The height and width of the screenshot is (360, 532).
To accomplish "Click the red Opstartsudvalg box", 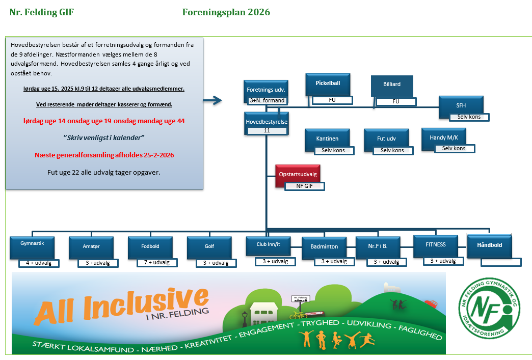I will [298, 174].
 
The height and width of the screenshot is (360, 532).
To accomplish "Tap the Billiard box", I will [391, 85].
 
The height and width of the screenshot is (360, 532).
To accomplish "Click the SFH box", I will [461, 105].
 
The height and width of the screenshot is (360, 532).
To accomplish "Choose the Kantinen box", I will [327, 139].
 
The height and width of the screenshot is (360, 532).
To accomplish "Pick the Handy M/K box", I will [443, 137].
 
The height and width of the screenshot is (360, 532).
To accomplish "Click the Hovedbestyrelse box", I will [267, 122].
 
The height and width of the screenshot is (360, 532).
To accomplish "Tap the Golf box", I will [209, 247].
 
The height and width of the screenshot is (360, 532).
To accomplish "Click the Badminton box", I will [324, 247].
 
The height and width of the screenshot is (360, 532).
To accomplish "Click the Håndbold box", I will [489, 245].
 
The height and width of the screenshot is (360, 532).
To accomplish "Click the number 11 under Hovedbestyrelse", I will [267, 131].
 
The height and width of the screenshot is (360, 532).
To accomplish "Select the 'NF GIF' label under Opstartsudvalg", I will [304, 186].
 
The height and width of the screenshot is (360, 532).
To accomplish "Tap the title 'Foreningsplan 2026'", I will [226, 12].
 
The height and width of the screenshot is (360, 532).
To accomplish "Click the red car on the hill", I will [432, 304].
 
